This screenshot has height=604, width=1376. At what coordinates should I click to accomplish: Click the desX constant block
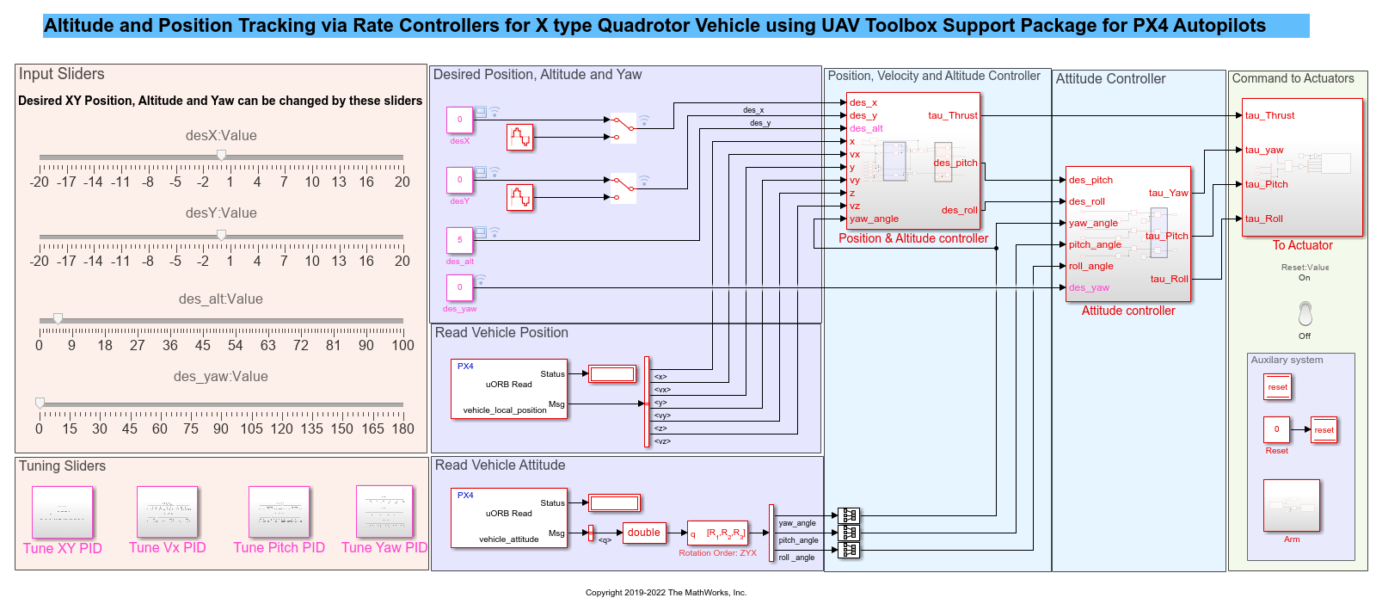point(459,120)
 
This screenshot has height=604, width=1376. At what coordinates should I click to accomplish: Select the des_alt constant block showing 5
point(459,240)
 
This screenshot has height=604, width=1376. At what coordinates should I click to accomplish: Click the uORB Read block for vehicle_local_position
point(509,389)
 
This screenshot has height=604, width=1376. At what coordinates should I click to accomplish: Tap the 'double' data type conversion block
point(643,533)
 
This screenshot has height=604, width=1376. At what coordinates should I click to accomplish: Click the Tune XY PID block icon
point(62,513)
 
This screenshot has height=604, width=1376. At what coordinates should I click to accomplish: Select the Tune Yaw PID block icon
point(384,511)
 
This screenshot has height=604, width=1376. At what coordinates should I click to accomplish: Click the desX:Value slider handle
point(221,156)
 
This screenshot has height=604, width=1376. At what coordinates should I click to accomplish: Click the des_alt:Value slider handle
point(58,319)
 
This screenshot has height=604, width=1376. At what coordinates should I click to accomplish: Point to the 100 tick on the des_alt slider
point(402,345)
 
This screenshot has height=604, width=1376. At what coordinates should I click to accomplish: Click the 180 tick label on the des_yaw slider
point(402,428)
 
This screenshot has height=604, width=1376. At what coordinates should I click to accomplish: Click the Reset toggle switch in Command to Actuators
point(1305,313)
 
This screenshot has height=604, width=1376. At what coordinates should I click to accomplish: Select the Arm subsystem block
point(1291,506)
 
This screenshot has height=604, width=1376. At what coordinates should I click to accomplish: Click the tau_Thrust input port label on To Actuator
point(1269,115)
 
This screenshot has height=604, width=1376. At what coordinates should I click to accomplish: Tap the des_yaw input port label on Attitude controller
point(1089,287)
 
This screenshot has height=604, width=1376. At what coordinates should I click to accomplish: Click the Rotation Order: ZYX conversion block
point(717,533)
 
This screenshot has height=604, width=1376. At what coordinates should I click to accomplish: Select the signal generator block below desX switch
point(519,137)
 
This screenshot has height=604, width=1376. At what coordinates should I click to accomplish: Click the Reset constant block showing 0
point(1276,429)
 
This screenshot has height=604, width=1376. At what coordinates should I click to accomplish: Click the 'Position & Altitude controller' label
point(913,238)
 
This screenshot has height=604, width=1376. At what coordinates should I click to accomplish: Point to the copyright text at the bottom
point(666,592)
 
